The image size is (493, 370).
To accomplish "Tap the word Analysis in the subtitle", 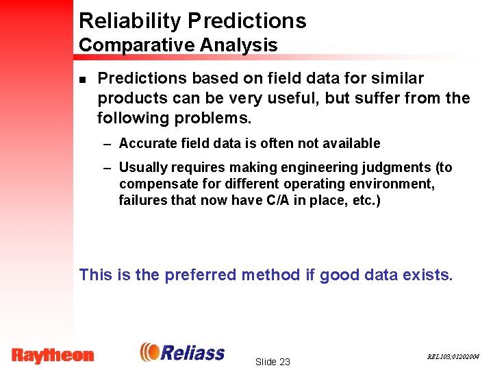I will (239, 46).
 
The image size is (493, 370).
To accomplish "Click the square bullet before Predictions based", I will (82, 79).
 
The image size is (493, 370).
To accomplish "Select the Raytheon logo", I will (53, 355).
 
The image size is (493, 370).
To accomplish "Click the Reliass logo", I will (182, 352).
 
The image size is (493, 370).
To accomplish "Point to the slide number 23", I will (272, 362).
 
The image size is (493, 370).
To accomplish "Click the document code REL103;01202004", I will (453, 357).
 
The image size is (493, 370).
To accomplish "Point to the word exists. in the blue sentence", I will (427, 275).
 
